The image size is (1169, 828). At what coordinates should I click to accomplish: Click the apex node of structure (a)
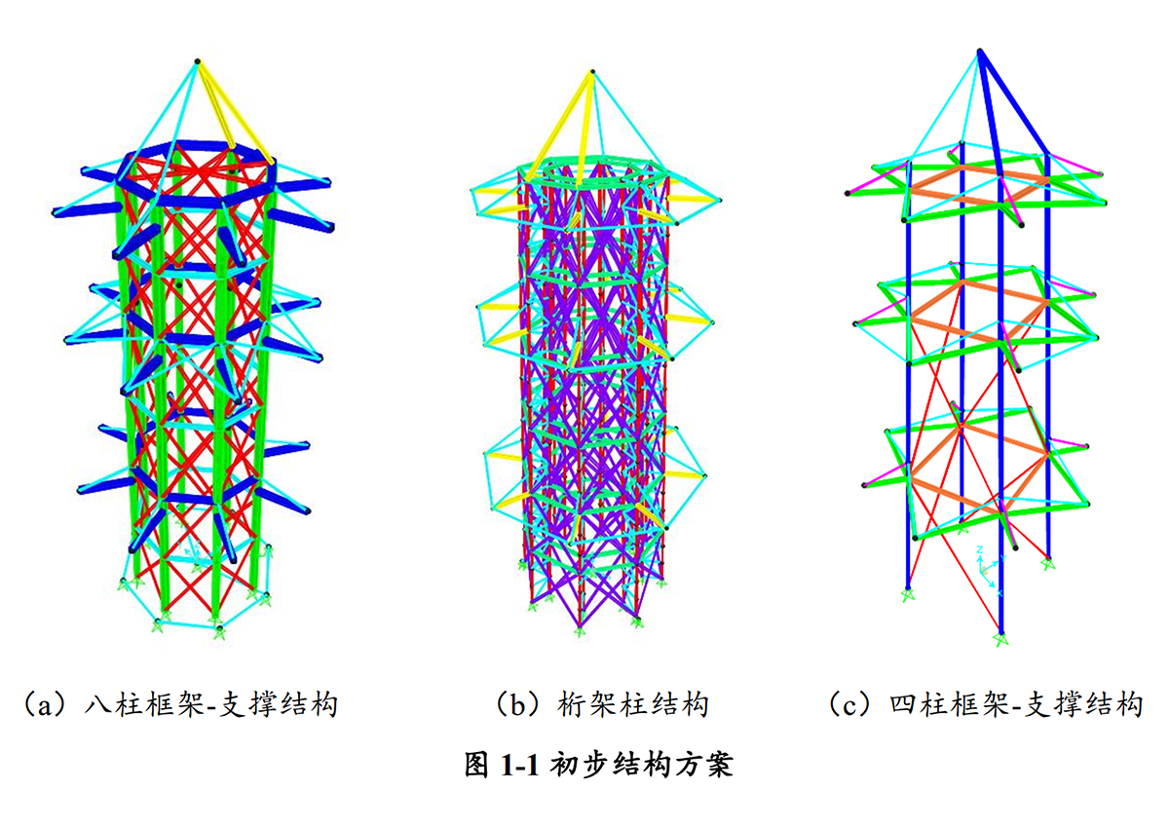pos(198,61)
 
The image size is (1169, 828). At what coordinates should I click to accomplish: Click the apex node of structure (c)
pos(980,50)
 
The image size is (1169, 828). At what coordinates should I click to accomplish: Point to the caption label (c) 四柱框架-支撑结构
pos(984,703)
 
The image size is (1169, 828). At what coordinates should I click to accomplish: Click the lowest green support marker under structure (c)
pos(1001,639)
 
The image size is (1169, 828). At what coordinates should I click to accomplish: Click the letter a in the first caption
pos(42,704)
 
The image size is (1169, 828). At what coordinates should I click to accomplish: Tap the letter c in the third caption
pos(849,704)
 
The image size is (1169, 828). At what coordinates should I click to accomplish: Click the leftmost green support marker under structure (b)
pos(533,606)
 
